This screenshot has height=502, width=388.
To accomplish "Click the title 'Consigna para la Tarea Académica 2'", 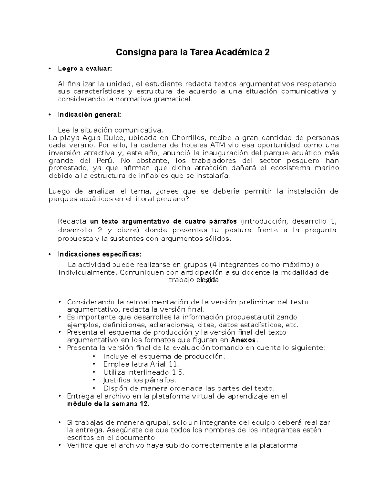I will [x=193, y=52].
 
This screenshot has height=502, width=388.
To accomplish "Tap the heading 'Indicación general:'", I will [x=89, y=114].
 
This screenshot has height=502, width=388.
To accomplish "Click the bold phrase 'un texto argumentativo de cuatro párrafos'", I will [x=163, y=222].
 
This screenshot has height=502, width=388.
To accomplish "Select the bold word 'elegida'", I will [x=208, y=280].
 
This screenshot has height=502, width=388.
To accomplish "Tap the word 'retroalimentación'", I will [x=157, y=302].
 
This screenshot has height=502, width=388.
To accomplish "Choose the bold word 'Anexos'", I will [x=243, y=340].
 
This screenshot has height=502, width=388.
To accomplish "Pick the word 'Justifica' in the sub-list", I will [x=116, y=380].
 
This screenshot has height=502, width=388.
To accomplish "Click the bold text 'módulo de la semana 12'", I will [x=108, y=404].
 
